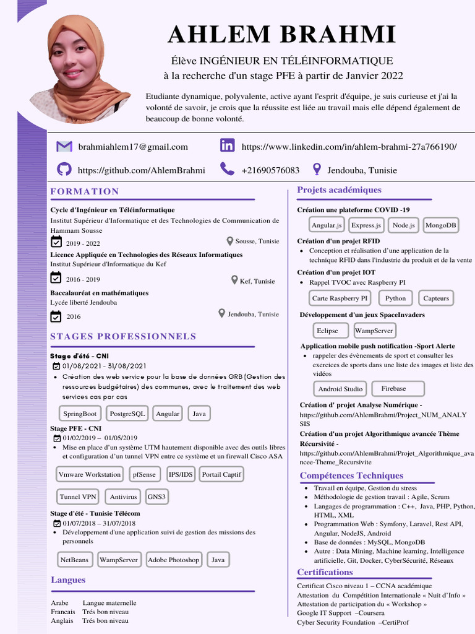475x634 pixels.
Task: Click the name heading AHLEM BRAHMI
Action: click(x=281, y=34)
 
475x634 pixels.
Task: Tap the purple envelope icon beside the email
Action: click(x=64, y=147)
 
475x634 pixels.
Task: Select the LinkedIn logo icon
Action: click(x=228, y=146)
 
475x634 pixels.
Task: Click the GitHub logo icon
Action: click(x=64, y=170)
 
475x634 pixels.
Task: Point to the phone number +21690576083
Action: click(x=270, y=170)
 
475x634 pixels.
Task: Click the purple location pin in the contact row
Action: click(x=317, y=169)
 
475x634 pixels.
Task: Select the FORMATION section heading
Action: click(x=85, y=191)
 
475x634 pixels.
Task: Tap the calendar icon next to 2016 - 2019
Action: click(x=56, y=279)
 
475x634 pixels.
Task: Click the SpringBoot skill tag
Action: click(x=80, y=414)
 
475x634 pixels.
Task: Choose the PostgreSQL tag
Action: click(x=127, y=414)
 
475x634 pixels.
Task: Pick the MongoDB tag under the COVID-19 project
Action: click(x=441, y=225)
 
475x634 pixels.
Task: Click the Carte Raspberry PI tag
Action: click(x=340, y=298)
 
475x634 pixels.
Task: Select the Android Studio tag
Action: click(x=340, y=389)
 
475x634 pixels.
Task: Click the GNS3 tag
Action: click(x=156, y=497)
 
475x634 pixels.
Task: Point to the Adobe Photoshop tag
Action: click(x=174, y=560)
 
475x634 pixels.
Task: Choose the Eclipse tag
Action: click(x=327, y=331)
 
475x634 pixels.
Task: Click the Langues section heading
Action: click(x=68, y=580)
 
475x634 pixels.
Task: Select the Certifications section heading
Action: click(x=325, y=572)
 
